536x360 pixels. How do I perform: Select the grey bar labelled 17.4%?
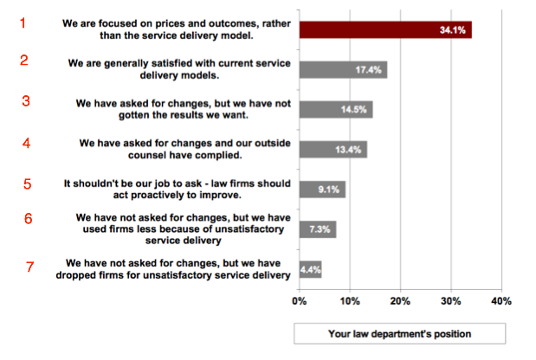[x=343, y=69]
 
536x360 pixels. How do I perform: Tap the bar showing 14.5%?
[x=336, y=110]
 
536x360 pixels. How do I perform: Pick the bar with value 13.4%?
[x=333, y=149]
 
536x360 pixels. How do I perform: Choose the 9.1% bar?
[x=322, y=189]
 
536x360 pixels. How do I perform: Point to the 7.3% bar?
[x=318, y=228]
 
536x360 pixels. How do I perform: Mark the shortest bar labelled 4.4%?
[x=311, y=269]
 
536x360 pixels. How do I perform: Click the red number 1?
[x=23, y=23]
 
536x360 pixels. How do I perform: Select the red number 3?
[x=26, y=100]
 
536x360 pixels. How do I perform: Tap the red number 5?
[x=27, y=183]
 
